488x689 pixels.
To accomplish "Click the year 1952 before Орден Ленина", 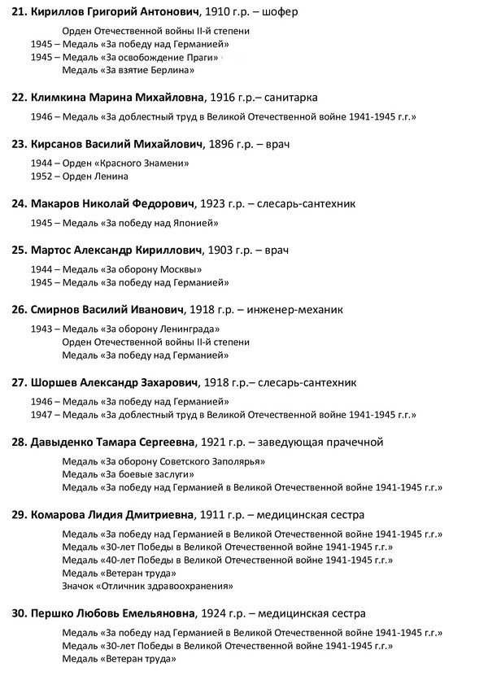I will coord(41,176).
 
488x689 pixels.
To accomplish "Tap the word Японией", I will coord(194,222).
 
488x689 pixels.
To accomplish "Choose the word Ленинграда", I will coord(194,329).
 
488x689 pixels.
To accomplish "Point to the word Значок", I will coord(79,586).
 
